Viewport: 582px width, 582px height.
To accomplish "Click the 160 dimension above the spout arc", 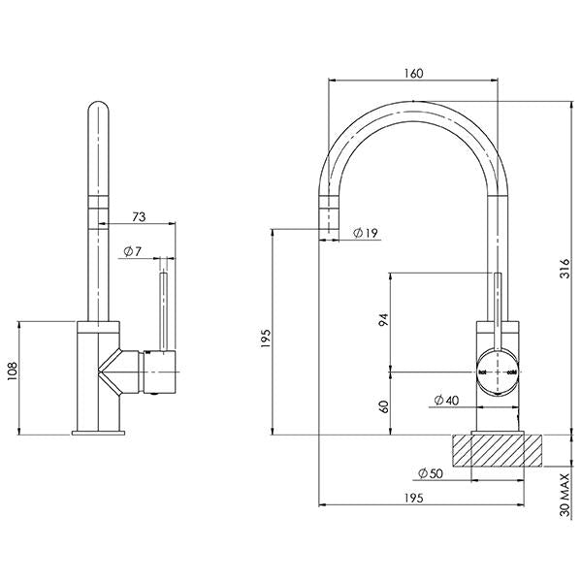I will (x=412, y=73).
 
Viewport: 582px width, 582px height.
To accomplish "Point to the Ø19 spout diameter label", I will (x=366, y=233).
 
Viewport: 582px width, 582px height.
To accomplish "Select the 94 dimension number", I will (x=384, y=320).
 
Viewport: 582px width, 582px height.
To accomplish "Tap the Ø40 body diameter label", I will (x=445, y=400).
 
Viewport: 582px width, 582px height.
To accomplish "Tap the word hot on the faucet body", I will (x=482, y=372).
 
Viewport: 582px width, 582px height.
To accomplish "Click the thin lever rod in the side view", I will (x=162, y=310).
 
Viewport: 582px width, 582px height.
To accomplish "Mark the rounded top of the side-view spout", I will (x=101, y=109).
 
